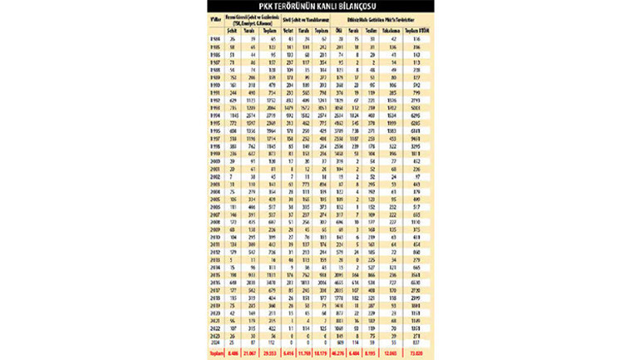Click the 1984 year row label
pyautogui.click(x=214, y=39)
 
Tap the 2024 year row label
pyautogui.click(x=214, y=342)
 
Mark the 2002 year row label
pyautogui.click(x=214, y=175)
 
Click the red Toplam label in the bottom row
pyautogui.click(x=214, y=353)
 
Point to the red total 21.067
pyautogui.click(x=249, y=353)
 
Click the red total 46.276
pyautogui.click(x=338, y=353)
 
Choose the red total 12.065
pyautogui.click(x=391, y=353)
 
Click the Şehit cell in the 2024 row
pyautogui.click(x=230, y=342)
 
